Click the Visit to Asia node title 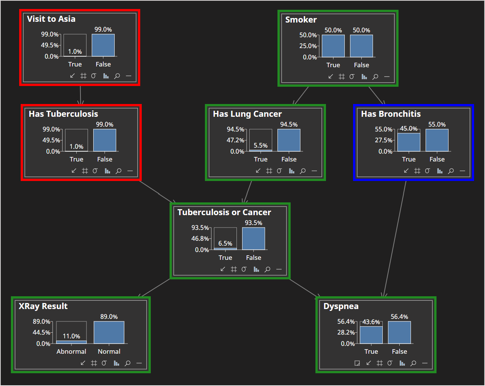(x=51, y=19)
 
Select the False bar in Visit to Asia (x=103, y=45)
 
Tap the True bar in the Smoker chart (x=333, y=46)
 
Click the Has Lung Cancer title (x=247, y=114)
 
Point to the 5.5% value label (x=261, y=145)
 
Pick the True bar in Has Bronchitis (x=409, y=142)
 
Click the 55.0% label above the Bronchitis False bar (x=437, y=124)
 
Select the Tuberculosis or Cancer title (x=224, y=212)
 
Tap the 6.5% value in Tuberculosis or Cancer (x=225, y=243)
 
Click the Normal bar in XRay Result (x=109, y=332)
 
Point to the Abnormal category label (x=71, y=351)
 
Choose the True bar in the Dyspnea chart (x=371, y=335)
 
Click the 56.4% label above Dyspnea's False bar (x=399, y=317)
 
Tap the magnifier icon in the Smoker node (x=375, y=77)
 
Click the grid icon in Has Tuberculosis (x=85, y=171)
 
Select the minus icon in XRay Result (x=139, y=363)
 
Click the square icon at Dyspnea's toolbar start (x=357, y=363)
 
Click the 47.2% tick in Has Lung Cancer (x=235, y=140)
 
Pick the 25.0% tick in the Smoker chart (x=308, y=46)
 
